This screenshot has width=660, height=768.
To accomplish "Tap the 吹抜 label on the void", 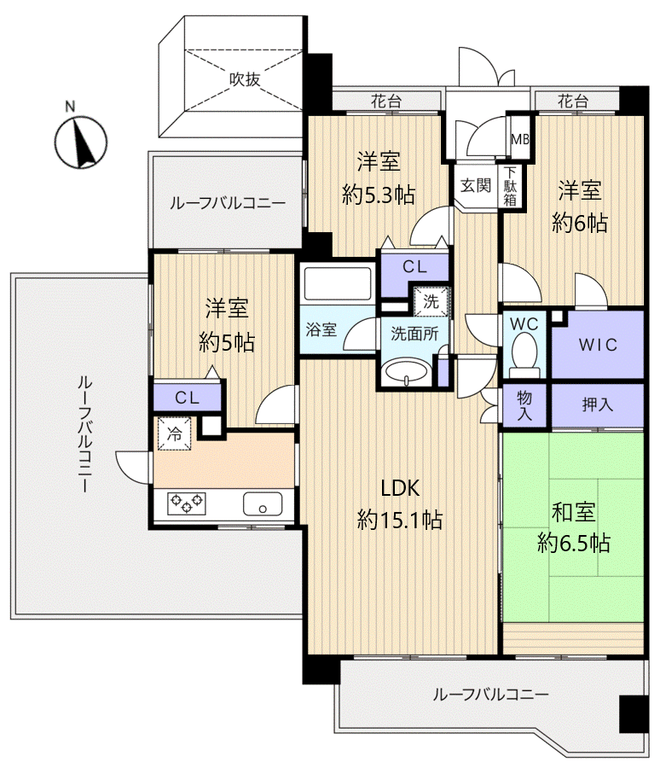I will tap(244, 79).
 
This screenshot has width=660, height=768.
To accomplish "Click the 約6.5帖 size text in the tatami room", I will tap(573, 542).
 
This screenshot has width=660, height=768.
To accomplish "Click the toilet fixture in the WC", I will tap(523, 352).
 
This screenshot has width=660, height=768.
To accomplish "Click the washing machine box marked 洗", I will tap(430, 301).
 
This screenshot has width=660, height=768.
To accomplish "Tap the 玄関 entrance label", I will tap(476, 184).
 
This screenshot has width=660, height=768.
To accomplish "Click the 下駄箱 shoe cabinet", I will tap(509, 185).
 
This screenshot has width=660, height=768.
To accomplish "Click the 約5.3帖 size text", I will tap(379, 195).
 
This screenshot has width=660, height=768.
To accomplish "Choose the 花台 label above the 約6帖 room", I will tap(573, 101).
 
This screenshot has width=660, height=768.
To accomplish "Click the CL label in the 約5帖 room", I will tap(188, 397).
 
